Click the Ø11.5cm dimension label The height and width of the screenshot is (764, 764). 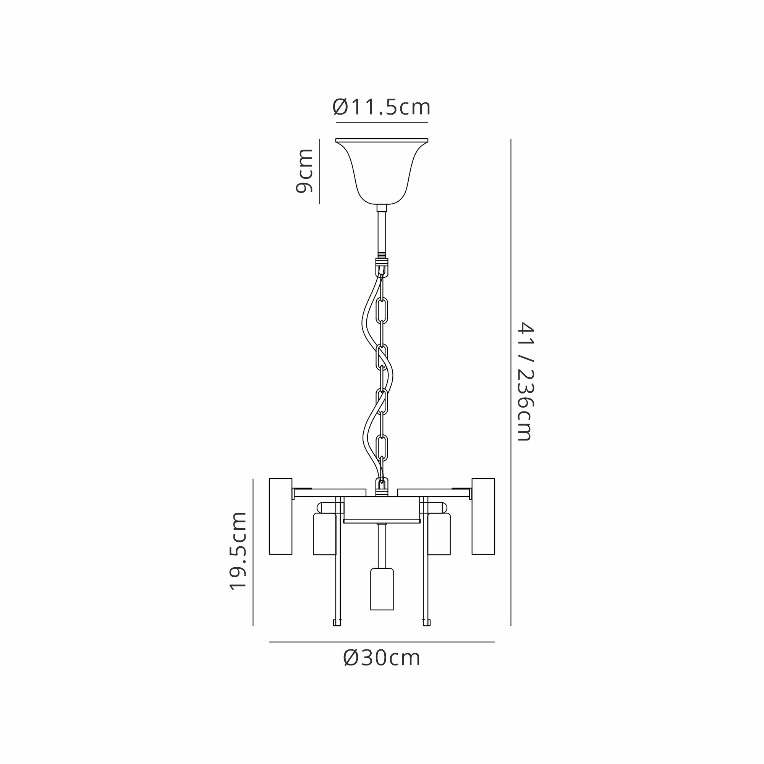coord(381,107)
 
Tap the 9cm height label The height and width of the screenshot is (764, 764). coord(304,171)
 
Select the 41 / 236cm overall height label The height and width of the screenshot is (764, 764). coord(526,381)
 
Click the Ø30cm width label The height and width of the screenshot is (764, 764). coord(382,658)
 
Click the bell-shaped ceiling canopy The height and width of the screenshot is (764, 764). coord(382,170)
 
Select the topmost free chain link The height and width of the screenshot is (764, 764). coord(382,311)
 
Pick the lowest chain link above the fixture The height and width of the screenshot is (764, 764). coord(382,447)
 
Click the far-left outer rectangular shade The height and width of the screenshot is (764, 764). coord(280,516)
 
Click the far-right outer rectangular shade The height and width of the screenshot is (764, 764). coord(483,516)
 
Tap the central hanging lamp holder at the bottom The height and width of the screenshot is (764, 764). coord(382,589)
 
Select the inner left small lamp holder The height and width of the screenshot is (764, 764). coord(324,534)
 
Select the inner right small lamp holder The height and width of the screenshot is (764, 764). coord(439,534)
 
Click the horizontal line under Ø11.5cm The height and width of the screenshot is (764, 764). coord(382,123)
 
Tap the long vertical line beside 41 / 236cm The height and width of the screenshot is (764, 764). coord(511,381)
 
